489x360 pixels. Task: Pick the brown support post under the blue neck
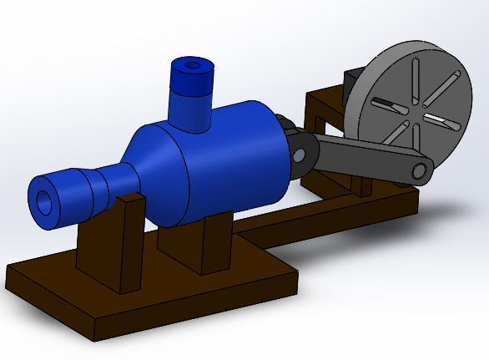coord(127,242)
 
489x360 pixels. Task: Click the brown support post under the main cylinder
coord(215,242)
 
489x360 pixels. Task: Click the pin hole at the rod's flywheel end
coord(421,172)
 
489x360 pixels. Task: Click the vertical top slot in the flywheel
coord(413,79)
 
